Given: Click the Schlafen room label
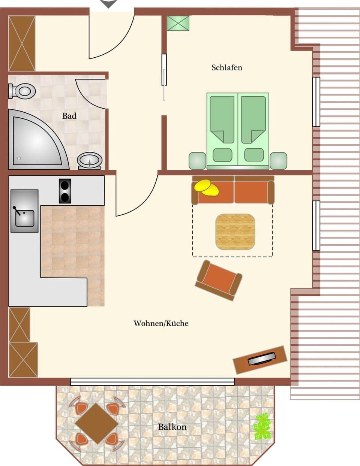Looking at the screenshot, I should [226, 68].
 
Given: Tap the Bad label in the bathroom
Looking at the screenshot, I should [69, 116].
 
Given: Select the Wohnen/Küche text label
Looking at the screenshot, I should [161, 323].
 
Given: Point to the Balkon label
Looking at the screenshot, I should [172, 427].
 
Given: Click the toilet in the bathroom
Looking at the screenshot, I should [22, 91].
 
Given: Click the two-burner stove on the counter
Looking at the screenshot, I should [65, 191].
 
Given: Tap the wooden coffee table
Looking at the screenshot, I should [235, 232].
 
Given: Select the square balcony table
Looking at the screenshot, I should [97, 423].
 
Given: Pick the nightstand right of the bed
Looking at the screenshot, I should [278, 160].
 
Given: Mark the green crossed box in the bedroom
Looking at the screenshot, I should [178, 23].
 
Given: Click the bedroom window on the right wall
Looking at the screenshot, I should [316, 102].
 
